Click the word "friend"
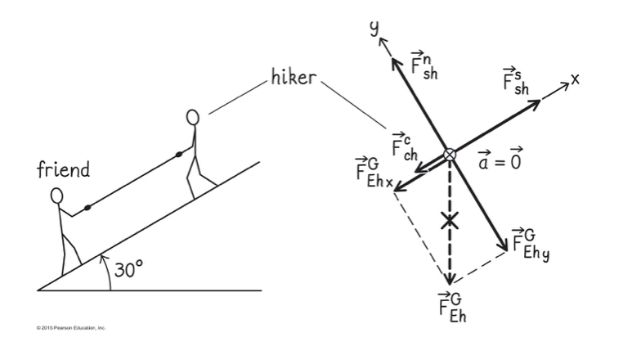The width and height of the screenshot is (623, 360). coord(64,170)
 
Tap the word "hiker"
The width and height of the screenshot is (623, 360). coord(293,79)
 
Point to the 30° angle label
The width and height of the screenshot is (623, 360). coord(128,270)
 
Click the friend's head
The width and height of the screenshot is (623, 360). coord(57,196)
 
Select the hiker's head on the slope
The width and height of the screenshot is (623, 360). coord(193,118)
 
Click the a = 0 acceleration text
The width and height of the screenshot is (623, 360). coord(499,162)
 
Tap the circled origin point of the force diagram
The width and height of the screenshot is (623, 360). coord(450,155)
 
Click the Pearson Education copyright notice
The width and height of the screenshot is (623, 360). coord(71,327)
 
